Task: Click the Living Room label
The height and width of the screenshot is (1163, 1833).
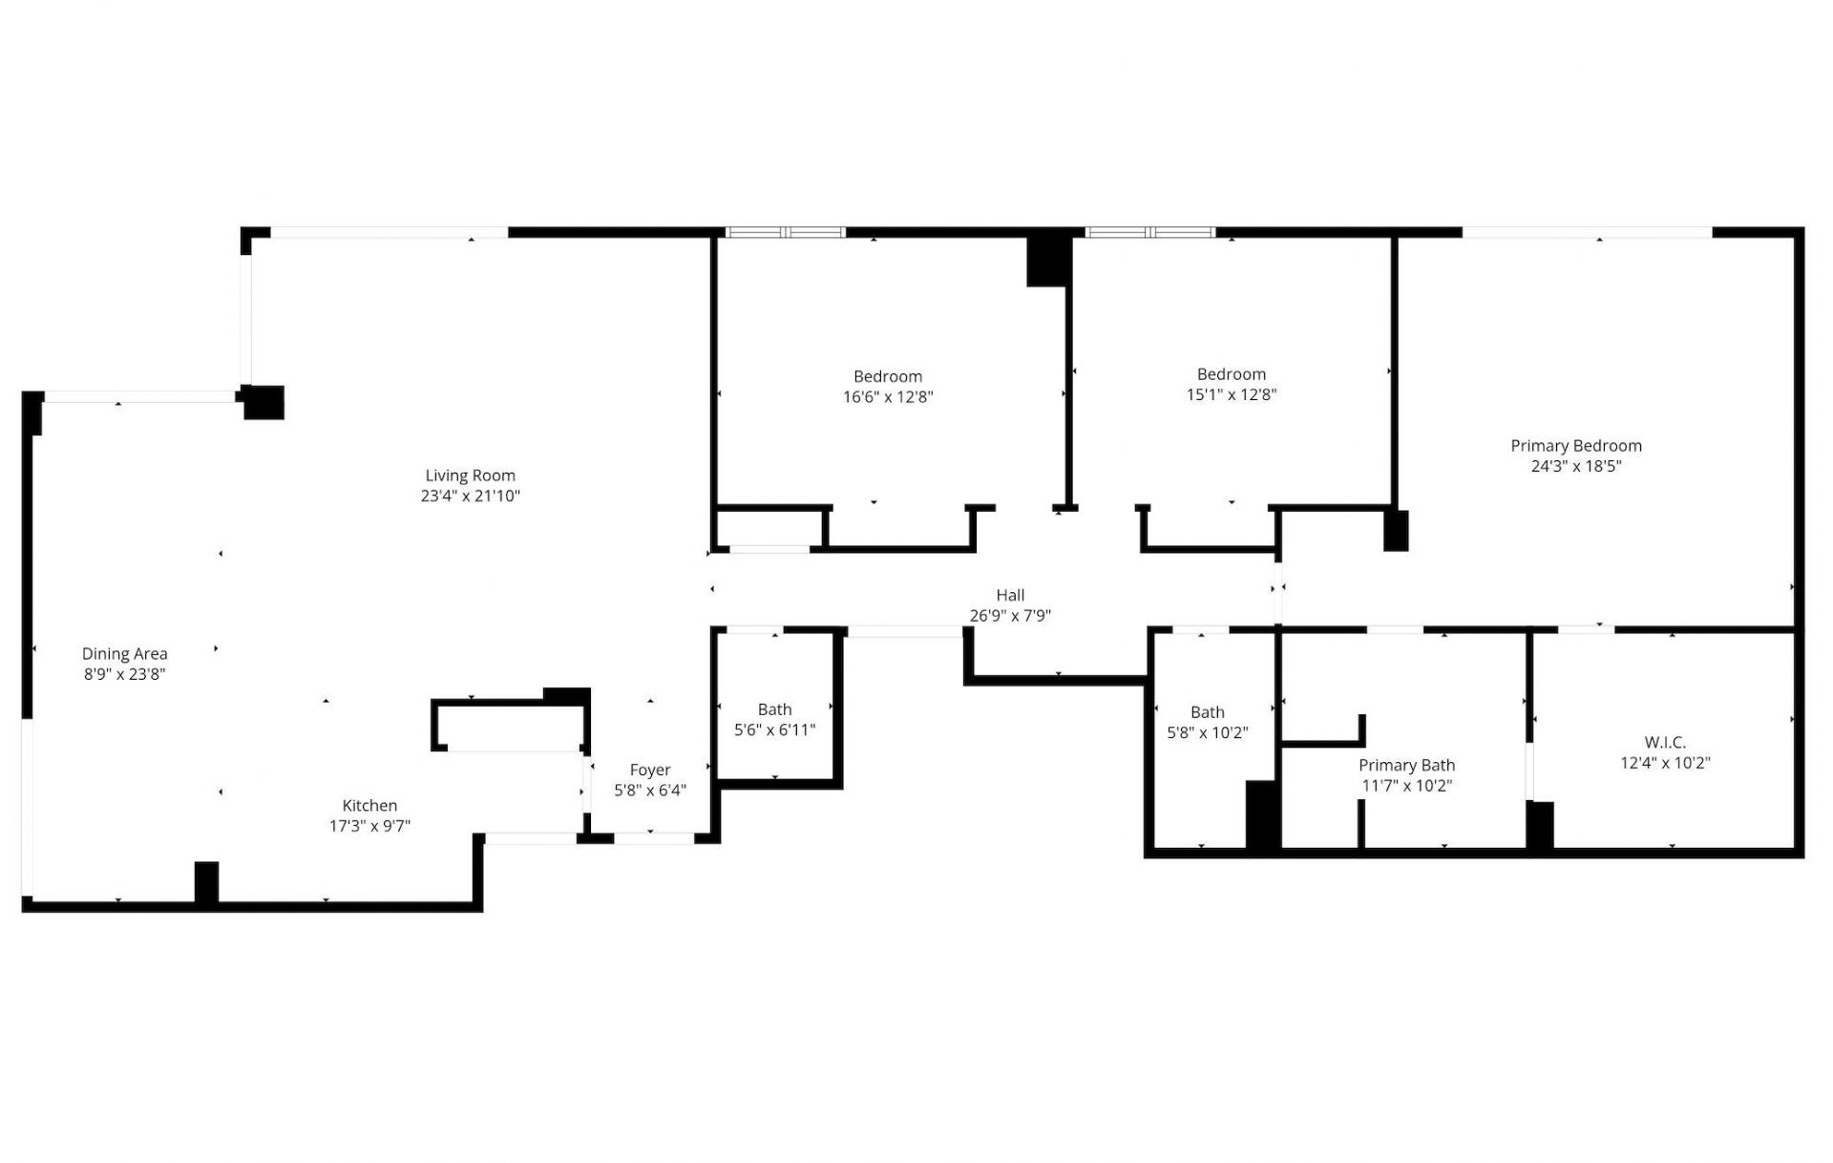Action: click(x=470, y=476)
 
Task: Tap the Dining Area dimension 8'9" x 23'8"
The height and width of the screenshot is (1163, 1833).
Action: click(x=124, y=674)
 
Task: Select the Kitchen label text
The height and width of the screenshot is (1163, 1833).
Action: click(x=369, y=805)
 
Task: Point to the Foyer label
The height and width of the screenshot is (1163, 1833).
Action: click(x=649, y=770)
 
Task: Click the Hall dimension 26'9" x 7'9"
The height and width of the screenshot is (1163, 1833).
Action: click(x=1010, y=616)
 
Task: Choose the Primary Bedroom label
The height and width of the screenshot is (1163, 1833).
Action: click(x=1575, y=445)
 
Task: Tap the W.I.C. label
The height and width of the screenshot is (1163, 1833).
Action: click(x=1665, y=742)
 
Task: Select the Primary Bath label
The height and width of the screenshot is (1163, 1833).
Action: click(x=1406, y=765)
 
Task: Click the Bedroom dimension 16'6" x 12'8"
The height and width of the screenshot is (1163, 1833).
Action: click(x=887, y=396)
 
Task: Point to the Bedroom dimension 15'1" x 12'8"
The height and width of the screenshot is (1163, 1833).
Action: click(x=1231, y=394)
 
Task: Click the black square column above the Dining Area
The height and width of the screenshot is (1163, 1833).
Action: click(x=263, y=402)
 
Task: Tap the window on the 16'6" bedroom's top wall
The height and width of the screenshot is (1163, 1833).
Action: click(x=786, y=232)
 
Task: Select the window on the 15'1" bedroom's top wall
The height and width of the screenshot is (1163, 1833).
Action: click(x=1150, y=232)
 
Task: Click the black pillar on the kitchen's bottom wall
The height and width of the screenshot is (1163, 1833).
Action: click(x=206, y=882)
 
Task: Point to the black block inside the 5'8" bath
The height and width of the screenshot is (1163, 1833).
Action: click(x=1262, y=814)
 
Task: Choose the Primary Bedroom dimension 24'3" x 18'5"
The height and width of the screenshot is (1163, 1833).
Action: click(x=1575, y=466)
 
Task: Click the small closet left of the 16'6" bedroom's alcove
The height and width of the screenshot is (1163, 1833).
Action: click(x=769, y=527)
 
